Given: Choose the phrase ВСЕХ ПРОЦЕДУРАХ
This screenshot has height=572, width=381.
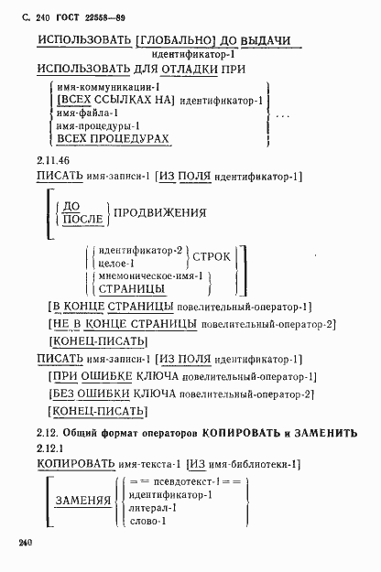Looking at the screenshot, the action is [x=113, y=137].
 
